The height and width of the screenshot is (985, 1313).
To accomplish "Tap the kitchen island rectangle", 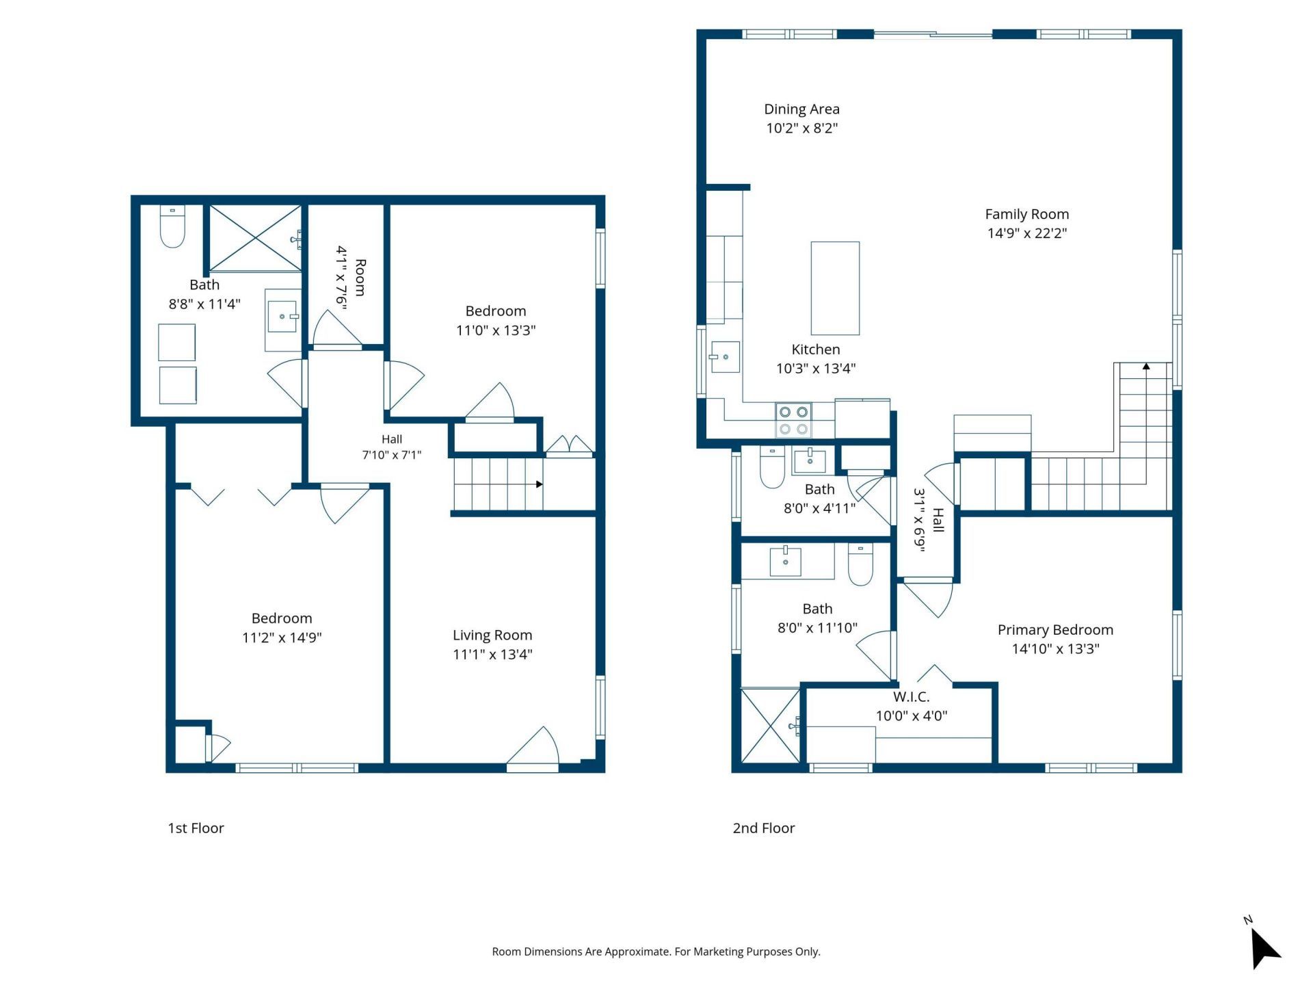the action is pos(835,288).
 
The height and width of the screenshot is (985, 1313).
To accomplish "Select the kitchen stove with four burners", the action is pos(793,420).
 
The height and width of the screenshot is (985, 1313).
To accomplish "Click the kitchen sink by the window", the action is pos(725,356).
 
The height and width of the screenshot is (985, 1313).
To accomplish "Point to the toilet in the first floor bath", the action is pos(172,226).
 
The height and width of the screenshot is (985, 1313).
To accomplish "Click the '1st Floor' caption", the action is pos(196,828).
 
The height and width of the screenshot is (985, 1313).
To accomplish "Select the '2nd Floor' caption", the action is pos(764,828).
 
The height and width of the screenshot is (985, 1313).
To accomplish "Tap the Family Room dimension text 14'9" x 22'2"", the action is pos(1027,233).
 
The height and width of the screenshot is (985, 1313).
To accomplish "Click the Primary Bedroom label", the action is pos(1055,629).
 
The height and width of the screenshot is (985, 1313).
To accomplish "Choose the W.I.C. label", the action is pos(912,697).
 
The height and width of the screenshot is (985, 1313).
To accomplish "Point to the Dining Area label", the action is pos(801,109).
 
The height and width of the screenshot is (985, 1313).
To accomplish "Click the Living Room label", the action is pos(492,635).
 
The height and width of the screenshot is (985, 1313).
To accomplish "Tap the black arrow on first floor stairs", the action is pos(540,484).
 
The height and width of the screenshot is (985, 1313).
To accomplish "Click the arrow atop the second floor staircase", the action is pos(1146,367).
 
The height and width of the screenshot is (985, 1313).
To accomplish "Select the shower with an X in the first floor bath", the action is pos(254,238).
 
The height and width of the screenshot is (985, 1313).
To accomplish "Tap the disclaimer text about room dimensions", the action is pos(656,951).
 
